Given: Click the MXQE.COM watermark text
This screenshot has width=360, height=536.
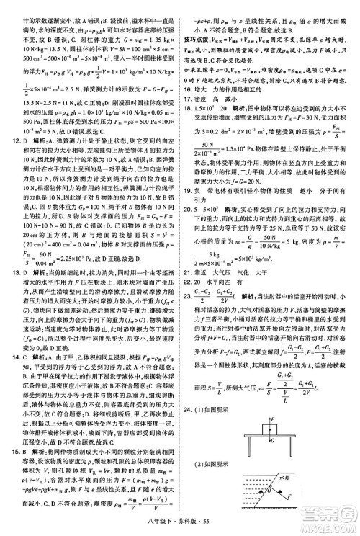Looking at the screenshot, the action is click(x=330, y=527).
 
